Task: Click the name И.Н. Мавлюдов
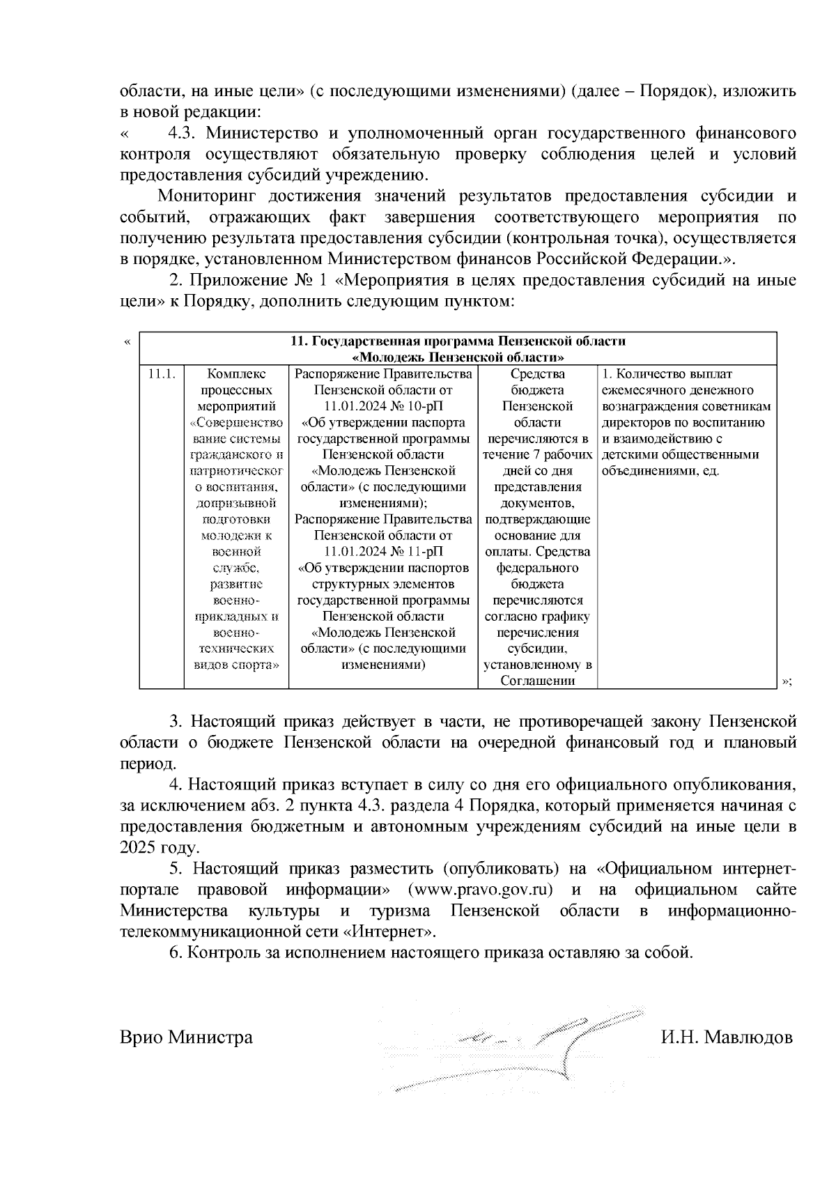[x=727, y=1037]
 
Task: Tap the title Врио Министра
[x=186, y=1037]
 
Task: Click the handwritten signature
[x=529, y=1045]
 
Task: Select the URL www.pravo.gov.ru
[x=480, y=890]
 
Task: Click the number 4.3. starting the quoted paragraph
[x=183, y=132]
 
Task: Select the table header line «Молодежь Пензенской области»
[x=458, y=357]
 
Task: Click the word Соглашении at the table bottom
[x=537, y=681]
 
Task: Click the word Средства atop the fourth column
[x=537, y=374]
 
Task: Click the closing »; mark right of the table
[x=788, y=681]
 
